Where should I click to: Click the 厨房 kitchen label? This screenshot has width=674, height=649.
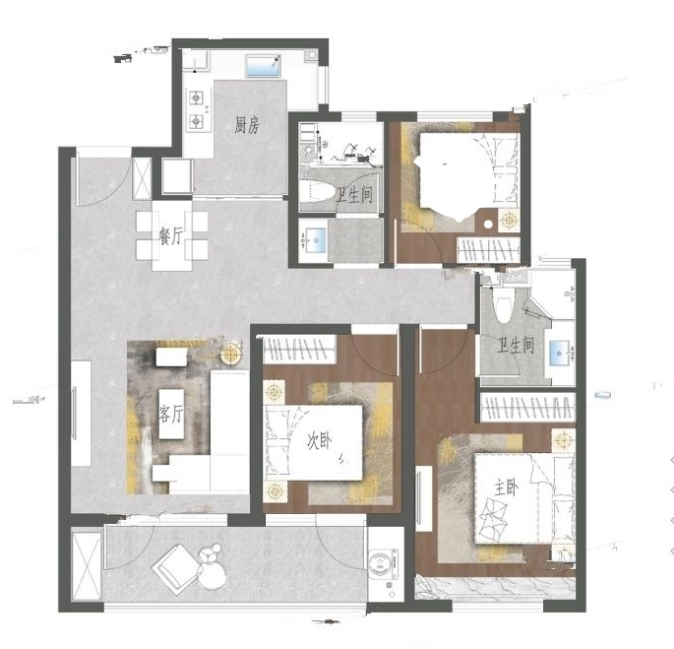click(247, 125)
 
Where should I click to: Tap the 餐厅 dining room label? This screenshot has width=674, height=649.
click(170, 236)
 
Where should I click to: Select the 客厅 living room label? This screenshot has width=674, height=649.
click(170, 414)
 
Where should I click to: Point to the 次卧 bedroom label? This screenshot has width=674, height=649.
click(319, 441)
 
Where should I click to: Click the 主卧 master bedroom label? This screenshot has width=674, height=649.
click(506, 488)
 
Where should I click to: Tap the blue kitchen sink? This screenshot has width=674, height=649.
click(263, 66)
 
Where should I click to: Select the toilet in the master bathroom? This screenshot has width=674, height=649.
click(503, 304)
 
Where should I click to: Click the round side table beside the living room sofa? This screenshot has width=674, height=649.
click(231, 355)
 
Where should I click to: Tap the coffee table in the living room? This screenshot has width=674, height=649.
click(171, 414)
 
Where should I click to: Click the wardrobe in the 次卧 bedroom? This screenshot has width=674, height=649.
click(299, 350)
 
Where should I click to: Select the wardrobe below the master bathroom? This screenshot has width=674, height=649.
click(527, 407)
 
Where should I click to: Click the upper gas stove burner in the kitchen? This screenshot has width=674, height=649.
click(197, 98)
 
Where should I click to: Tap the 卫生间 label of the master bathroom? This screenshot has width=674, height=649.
click(516, 346)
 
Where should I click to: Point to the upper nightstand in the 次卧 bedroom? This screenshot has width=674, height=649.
click(274, 392)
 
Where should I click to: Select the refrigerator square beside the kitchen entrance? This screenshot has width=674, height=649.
click(176, 176)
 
